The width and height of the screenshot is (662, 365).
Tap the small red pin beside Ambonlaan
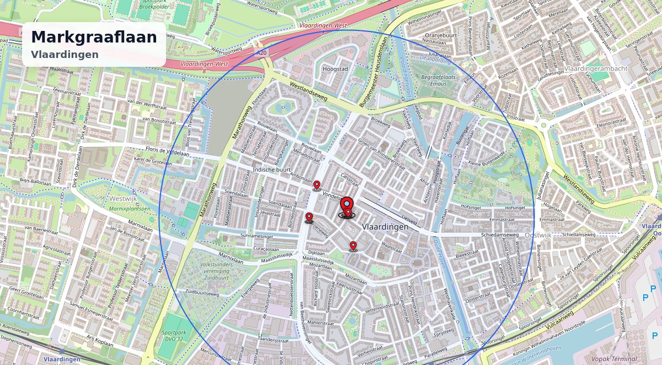coord(317,185)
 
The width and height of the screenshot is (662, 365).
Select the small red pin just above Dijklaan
coord(353,246)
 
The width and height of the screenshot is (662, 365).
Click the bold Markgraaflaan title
coord(94,37)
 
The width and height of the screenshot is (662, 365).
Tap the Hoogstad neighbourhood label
coord(335,70)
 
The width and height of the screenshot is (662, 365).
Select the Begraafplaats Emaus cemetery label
coord(439,80)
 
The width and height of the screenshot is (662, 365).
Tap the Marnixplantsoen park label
coord(129,209)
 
